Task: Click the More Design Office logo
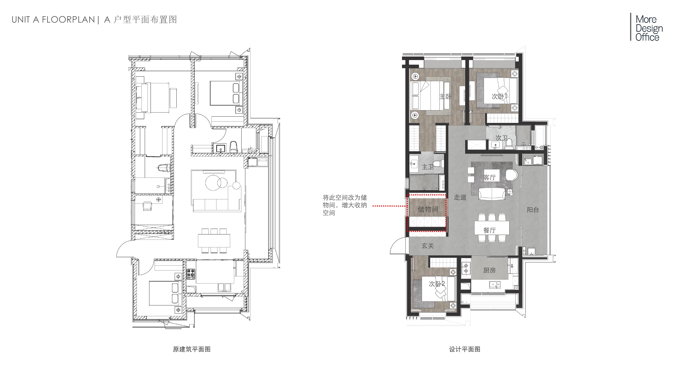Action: click(647, 28)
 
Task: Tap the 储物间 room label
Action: click(428, 209)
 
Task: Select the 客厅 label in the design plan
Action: click(489, 178)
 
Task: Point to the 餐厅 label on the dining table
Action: click(489, 230)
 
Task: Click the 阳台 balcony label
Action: click(533, 210)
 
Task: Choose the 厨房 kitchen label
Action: click(489, 270)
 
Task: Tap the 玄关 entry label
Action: click(428, 246)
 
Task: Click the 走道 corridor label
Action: click(460, 197)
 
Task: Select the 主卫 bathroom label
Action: click(428, 167)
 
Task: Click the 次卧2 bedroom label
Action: click(437, 284)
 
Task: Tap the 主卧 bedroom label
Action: click(445, 97)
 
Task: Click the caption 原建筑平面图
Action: click(192, 349)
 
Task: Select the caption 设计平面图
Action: click(465, 349)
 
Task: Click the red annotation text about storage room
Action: click(344, 205)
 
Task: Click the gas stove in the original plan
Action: click(191, 274)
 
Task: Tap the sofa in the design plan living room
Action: click(491, 194)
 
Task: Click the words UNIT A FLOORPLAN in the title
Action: click(53, 20)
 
